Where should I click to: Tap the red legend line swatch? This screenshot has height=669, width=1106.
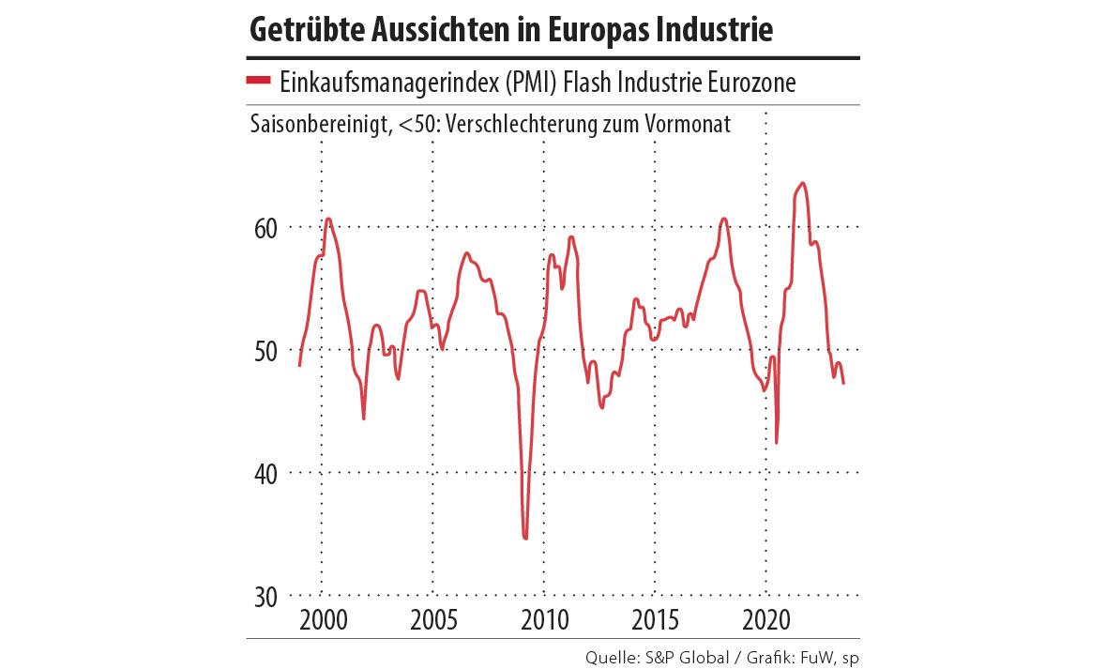tap(258, 83)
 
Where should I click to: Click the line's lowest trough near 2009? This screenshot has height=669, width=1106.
tap(525, 538)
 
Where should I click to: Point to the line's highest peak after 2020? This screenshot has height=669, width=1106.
tap(802, 183)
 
